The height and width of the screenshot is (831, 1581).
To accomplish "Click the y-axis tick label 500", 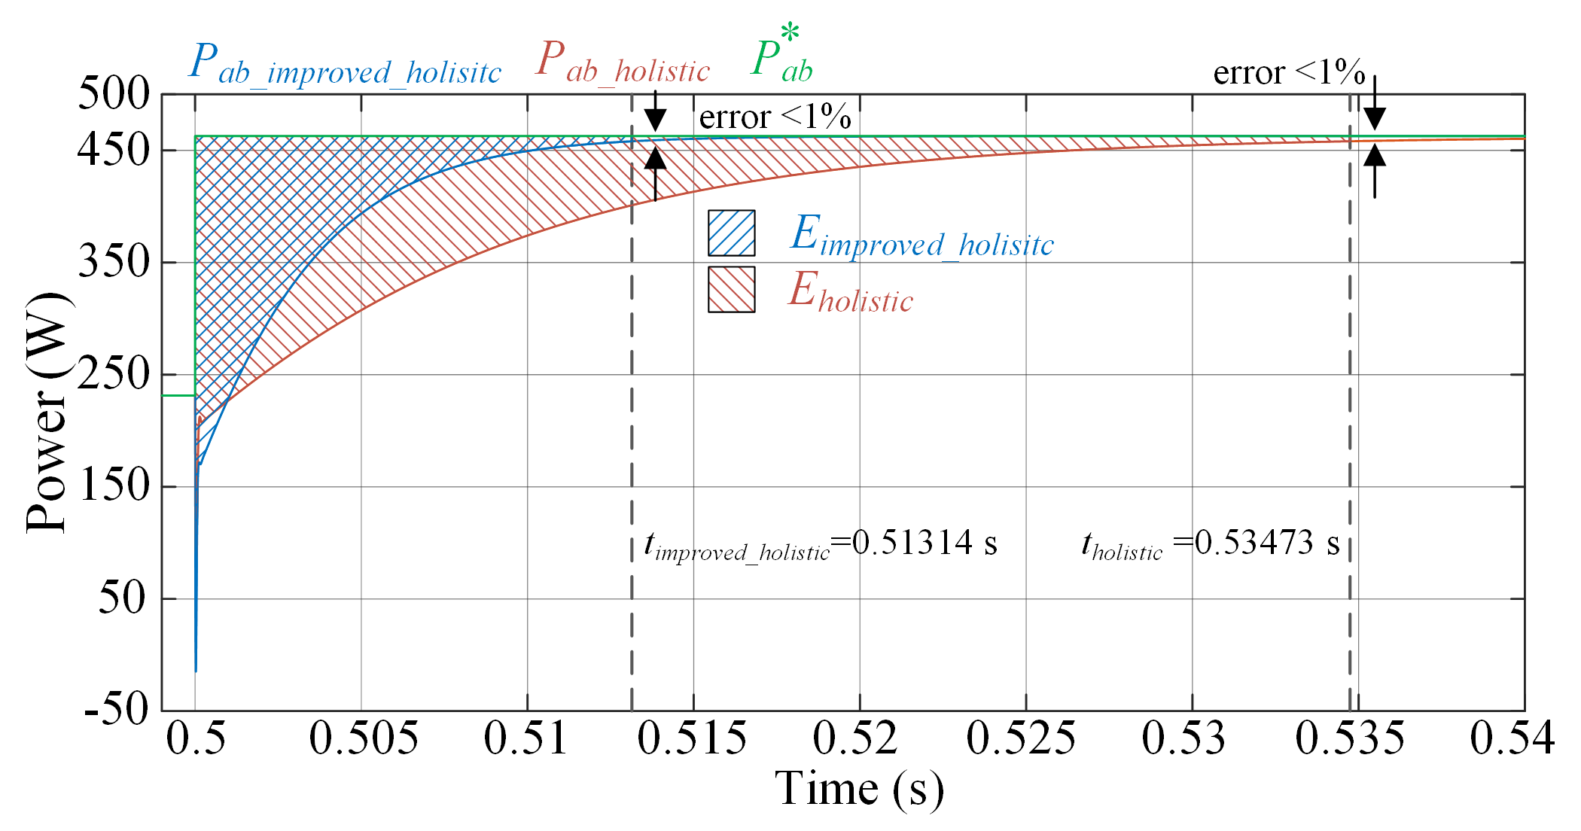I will (114, 95).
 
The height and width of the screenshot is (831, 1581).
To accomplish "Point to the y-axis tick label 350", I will (114, 263).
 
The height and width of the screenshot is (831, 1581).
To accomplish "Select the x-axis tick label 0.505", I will (364, 738).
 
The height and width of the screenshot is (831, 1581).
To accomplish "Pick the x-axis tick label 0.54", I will (1512, 738).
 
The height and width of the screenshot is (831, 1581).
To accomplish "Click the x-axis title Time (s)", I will (859, 790).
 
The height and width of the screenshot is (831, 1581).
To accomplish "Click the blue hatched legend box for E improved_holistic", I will (731, 233).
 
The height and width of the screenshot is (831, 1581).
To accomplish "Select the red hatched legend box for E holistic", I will (731, 290).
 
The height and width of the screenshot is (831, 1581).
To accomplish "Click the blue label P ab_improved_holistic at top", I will (344, 63).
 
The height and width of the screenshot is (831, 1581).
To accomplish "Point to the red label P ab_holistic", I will (622, 62).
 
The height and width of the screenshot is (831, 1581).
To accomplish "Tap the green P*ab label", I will (782, 57).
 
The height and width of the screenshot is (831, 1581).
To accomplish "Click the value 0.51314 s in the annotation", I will (925, 543).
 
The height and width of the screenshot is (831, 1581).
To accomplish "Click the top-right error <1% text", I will (1288, 73).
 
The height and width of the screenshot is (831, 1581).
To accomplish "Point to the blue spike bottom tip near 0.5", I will (196, 668).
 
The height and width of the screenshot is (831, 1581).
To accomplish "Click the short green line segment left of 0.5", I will (178, 395).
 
